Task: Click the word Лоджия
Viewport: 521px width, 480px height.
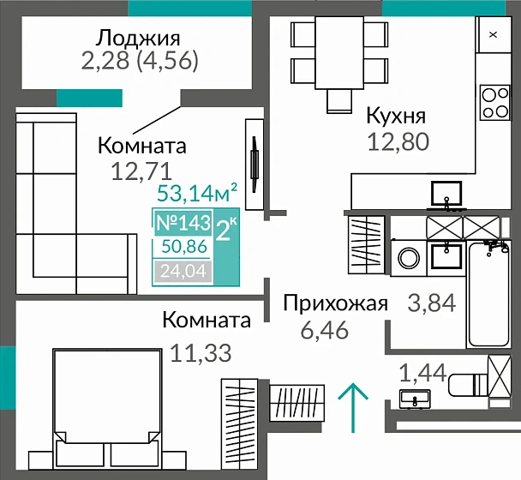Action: [x=137, y=38]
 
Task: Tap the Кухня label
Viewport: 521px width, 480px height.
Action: [x=396, y=116]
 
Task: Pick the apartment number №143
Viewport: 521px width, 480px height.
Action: [x=183, y=223]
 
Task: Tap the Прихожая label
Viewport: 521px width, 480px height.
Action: [x=336, y=303]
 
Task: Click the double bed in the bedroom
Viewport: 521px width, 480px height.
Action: [x=106, y=403]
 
